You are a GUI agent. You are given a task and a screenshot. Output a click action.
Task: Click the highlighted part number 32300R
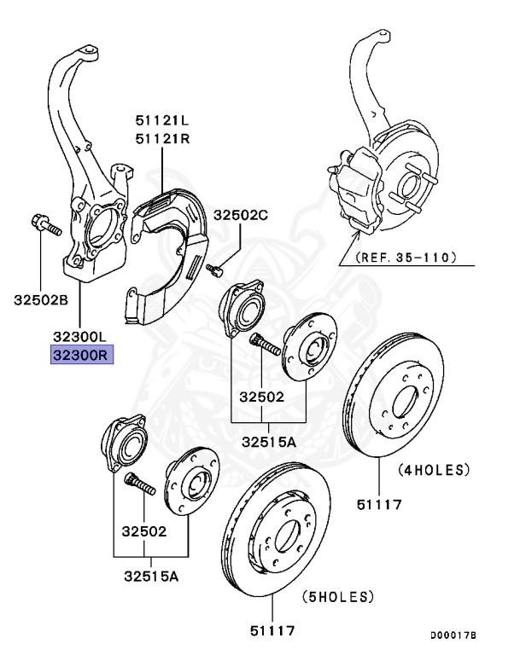click(x=82, y=356)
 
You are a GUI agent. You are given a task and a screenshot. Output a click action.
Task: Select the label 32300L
click(x=82, y=338)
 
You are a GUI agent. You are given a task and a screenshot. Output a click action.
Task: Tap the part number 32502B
click(x=40, y=299)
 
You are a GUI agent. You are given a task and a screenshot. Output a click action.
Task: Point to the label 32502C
click(x=241, y=216)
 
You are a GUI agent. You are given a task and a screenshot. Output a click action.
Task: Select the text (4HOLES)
click(x=434, y=469)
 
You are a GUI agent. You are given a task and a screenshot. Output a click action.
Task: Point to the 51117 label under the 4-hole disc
click(x=379, y=505)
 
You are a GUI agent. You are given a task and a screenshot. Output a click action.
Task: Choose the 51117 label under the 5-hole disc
click(x=272, y=631)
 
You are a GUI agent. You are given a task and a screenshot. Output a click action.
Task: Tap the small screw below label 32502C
click(x=214, y=270)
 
